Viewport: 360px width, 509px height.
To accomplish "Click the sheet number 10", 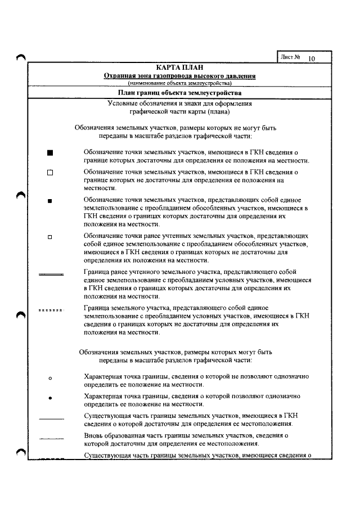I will coord(312,57).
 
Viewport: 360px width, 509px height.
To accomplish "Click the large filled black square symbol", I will coord(50,152).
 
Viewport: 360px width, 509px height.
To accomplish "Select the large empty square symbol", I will coord(50,173).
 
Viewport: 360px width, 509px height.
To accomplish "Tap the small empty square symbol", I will coord(50,237).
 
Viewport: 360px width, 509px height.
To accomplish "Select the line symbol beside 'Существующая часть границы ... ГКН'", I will coord(52,418).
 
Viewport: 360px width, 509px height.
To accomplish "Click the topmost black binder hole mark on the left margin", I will coord(21,56).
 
